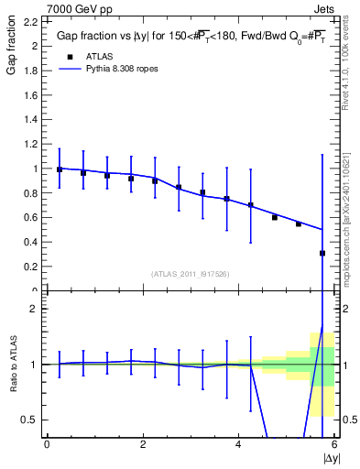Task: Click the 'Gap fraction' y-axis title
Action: [x=12, y=47]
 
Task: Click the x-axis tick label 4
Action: [x=238, y=444]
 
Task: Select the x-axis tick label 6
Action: [x=333, y=444]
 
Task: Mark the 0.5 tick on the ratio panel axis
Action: [x=30, y=420]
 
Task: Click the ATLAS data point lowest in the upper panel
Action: [x=322, y=253]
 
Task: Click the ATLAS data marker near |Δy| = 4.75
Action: [x=275, y=217]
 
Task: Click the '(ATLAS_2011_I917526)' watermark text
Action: [x=190, y=274]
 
